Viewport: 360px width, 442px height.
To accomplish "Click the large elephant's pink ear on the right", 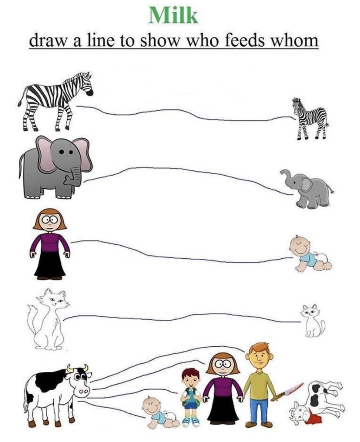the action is [x=81, y=154].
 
